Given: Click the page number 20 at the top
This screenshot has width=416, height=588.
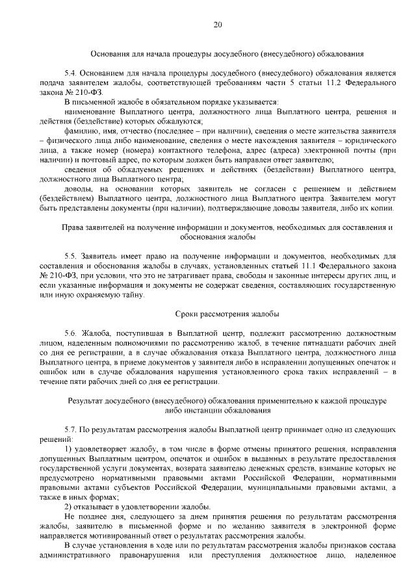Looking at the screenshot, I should pos(217,25).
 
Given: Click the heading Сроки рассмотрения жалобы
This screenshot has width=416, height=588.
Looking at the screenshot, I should pos(217,314).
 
